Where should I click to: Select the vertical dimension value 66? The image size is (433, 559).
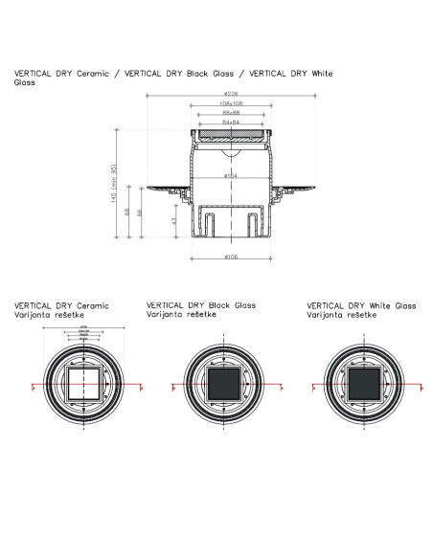(x=143, y=213)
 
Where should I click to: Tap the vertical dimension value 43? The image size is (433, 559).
(x=175, y=220)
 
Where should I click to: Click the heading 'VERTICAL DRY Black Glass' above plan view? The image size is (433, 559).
(x=200, y=306)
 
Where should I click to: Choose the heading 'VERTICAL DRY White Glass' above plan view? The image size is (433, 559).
(x=361, y=306)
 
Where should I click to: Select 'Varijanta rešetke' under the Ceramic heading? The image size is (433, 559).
(x=47, y=314)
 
